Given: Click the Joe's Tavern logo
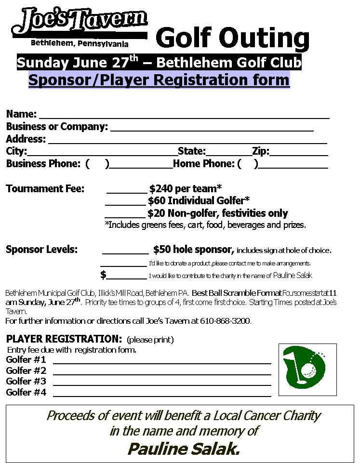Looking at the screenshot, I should coord(80,24).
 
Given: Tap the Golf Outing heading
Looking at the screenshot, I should coord(232,39).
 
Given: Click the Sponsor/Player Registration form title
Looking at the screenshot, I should coord(159,79).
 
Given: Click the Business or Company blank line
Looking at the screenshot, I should coord(212,129).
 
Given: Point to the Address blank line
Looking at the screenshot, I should coord(188,141).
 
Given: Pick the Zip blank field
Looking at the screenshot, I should coord(299,154).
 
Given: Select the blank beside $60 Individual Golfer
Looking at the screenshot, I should coord(125,202).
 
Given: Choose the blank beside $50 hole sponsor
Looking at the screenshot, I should coord(125,251).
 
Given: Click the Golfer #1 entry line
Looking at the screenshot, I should coord(162,361).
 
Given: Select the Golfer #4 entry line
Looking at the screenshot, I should coord(162,394).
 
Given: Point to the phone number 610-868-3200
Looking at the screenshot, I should coord(225,321).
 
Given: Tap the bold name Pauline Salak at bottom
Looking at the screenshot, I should coord(184,450).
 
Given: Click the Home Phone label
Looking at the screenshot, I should coord(204,164).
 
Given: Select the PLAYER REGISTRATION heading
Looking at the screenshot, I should coord(63,339).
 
